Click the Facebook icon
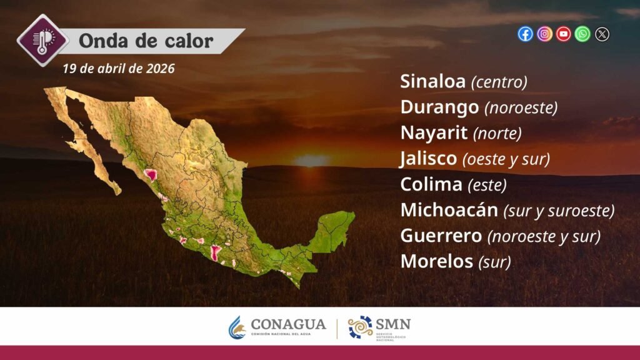click(x=525, y=34)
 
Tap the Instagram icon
click(x=544, y=34)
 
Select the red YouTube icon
click(x=564, y=34)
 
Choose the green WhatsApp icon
click(x=582, y=34)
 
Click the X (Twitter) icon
click(x=602, y=34)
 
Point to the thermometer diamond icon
click(x=42, y=40)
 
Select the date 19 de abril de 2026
click(x=118, y=68)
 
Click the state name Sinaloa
click(x=432, y=81)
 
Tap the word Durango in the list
click(x=439, y=107)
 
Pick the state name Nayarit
click(x=434, y=132)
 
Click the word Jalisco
click(x=428, y=158)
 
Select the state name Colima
click(x=431, y=184)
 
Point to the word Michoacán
click(x=449, y=209)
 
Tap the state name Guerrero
click(x=441, y=236)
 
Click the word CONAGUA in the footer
click(x=288, y=324)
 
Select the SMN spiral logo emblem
click(x=360, y=327)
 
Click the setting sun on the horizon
click(x=311, y=161)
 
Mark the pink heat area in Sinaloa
click(x=151, y=175)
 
